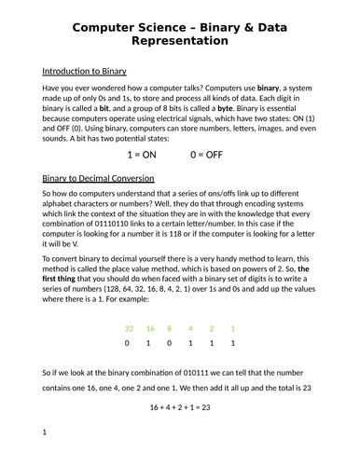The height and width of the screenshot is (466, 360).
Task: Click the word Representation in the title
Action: tap(180, 42)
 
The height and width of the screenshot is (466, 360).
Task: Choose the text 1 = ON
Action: tap(134, 157)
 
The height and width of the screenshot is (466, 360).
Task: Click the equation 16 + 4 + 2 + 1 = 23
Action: tap(180, 408)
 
